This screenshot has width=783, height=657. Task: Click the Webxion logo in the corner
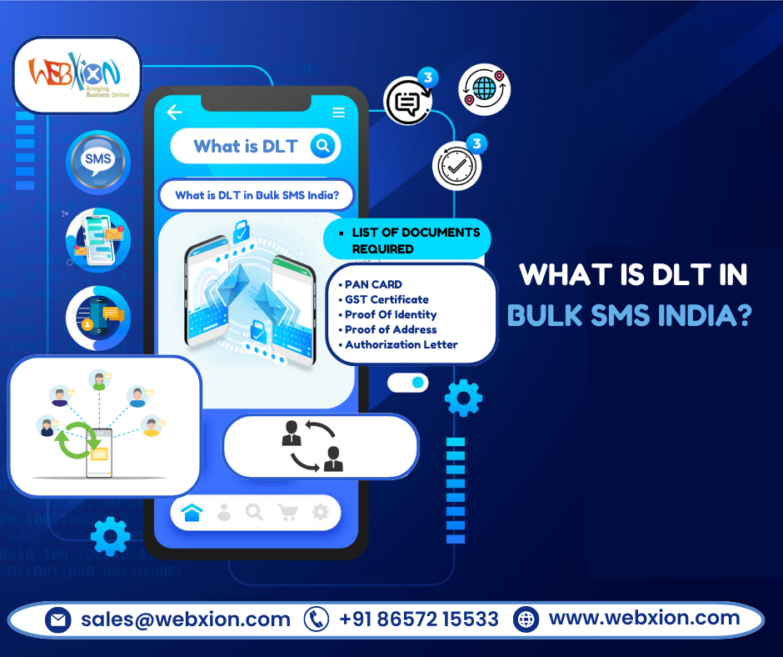coord(76,75)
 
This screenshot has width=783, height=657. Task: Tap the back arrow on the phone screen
coord(174,113)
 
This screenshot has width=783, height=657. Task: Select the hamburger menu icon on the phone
coord(338,113)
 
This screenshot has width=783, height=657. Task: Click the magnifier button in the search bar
coord(322,147)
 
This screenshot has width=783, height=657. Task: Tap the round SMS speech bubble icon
coord(98,159)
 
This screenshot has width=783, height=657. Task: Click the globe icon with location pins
coord(484,89)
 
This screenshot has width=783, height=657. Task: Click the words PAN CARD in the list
coord(373,284)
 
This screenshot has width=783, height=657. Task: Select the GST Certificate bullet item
coord(387,299)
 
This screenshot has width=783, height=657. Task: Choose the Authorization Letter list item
coord(401,344)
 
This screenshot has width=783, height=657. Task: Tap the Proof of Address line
coord(391,329)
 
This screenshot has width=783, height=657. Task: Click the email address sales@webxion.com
coord(185,619)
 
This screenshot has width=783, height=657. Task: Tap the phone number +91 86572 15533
coord(419,619)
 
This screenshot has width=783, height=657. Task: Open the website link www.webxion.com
coord(644,619)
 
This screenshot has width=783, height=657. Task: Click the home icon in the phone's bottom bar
coord(192,513)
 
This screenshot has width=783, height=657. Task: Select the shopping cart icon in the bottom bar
coord(287,513)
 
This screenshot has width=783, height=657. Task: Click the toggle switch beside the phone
coord(408,383)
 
